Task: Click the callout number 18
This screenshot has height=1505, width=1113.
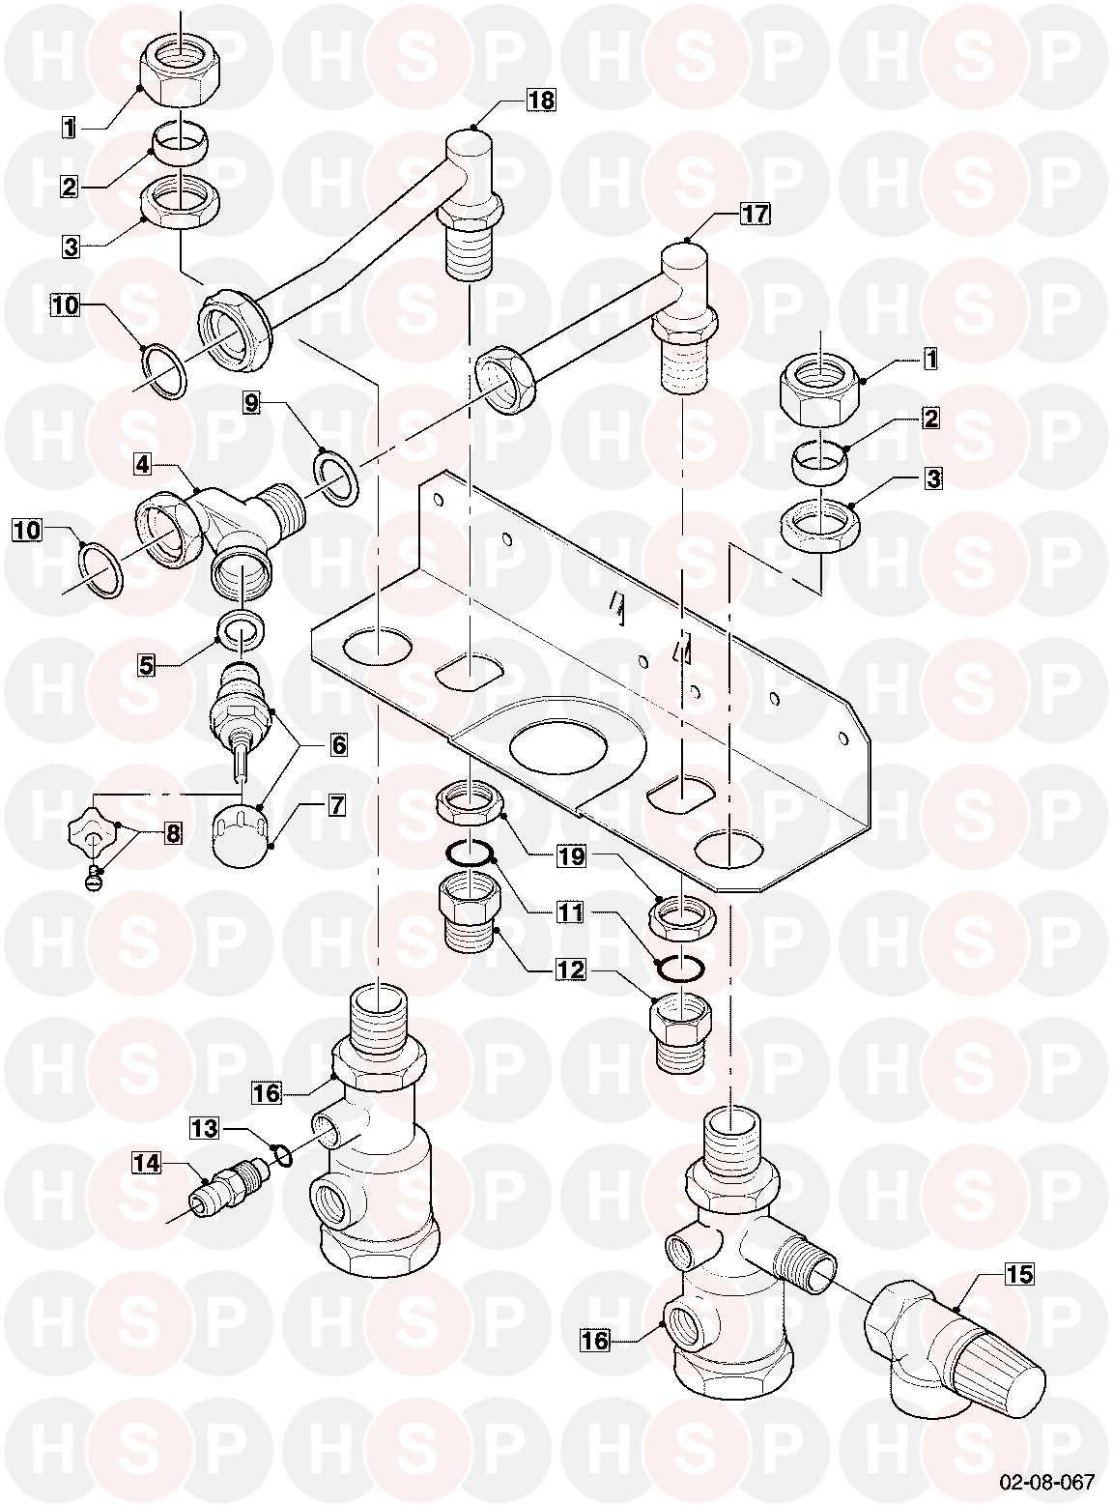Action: [x=541, y=101]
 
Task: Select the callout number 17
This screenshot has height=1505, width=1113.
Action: [x=755, y=215]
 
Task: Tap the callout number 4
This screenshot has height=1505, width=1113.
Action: [x=142, y=465]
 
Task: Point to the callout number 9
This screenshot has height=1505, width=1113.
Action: [x=252, y=404]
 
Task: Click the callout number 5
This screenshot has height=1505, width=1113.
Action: [x=147, y=665]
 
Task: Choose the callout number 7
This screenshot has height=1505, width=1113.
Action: [x=337, y=805]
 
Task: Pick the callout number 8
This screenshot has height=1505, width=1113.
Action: [x=174, y=832]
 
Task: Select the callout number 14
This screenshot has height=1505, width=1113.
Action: [x=147, y=1163]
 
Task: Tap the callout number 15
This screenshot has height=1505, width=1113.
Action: [x=1019, y=1274]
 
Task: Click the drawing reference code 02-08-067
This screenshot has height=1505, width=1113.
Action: [x=1047, y=1480]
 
